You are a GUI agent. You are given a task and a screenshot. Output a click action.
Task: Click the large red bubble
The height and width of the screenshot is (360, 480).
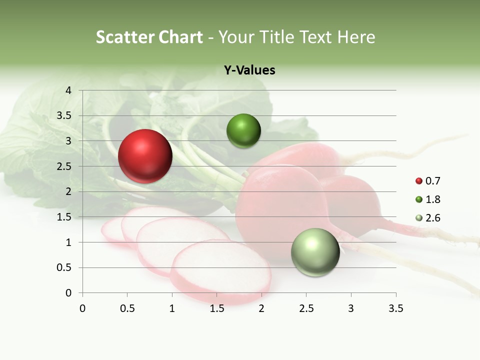(145, 156)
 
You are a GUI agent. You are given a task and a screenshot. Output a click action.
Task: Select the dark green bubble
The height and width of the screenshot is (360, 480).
(243, 131)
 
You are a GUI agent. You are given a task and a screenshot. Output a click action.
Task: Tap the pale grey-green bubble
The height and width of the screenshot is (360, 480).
(315, 252)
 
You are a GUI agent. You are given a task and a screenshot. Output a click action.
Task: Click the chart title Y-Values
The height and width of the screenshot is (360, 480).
(249, 70)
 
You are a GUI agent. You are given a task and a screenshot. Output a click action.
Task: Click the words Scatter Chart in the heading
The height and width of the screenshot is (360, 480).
(149, 37)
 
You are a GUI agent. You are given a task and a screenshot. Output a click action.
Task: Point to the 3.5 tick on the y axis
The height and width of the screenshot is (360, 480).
(63, 116)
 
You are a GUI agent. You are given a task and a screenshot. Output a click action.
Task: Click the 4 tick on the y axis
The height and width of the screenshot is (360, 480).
(68, 90)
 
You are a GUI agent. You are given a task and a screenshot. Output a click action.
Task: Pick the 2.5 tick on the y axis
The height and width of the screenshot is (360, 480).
(63, 166)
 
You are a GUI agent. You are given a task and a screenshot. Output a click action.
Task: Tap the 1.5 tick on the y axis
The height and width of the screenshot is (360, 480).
(63, 217)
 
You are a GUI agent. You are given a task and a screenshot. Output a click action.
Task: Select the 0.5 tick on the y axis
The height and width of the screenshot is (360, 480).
(63, 268)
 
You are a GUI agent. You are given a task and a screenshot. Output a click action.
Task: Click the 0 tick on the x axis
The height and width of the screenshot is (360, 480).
(82, 308)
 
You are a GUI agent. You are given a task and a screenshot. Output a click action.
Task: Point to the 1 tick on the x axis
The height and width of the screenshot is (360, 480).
(172, 308)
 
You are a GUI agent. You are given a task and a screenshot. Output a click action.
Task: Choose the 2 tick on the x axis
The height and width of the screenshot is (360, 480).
(261, 308)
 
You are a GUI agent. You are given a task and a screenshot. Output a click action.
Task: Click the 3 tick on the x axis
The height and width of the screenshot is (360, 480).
(351, 308)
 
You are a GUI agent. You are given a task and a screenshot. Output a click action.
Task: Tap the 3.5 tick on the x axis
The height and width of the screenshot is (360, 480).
(395, 308)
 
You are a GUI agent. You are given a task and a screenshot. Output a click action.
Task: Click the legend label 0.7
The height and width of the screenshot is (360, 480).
(433, 181)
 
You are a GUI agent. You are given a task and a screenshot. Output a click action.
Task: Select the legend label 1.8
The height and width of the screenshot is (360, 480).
(433, 199)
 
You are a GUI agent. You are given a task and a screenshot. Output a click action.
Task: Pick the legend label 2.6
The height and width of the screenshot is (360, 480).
(433, 218)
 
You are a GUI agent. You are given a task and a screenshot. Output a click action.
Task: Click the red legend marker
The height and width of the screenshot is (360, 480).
(419, 181)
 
